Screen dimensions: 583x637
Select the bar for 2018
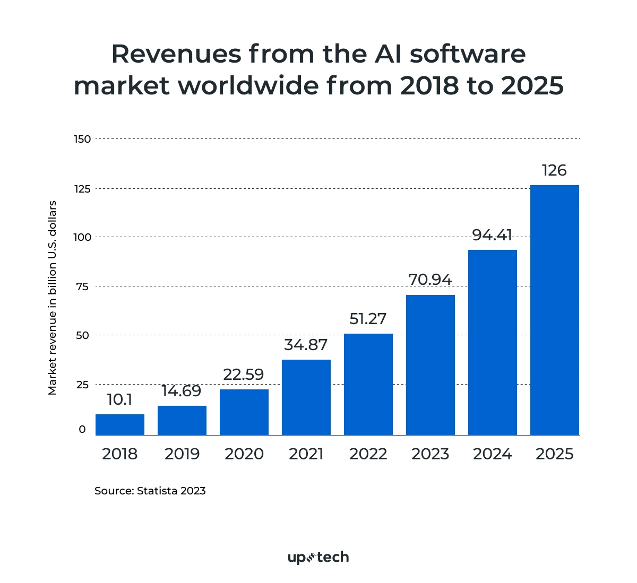[x=120, y=424]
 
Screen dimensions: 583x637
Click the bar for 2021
[x=306, y=397]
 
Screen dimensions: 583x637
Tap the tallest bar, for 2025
[x=555, y=310]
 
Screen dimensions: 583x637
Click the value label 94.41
[x=492, y=235]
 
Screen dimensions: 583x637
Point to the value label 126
[x=554, y=170]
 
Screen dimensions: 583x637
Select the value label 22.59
[x=244, y=375]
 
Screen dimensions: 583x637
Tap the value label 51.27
[x=368, y=319]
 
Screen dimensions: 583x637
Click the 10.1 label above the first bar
[x=119, y=399]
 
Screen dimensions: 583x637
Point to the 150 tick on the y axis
[x=82, y=139]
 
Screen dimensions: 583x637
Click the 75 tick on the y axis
[x=82, y=286]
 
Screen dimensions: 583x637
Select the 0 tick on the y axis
[x=82, y=429]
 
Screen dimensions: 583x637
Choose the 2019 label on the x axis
[x=182, y=454]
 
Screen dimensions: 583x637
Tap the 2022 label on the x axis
[x=368, y=454]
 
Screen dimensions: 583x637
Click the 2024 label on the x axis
[x=493, y=454]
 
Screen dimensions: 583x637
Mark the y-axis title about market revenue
[x=52, y=298]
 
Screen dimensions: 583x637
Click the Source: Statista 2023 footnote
[x=150, y=491]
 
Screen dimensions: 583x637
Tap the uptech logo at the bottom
[x=318, y=557]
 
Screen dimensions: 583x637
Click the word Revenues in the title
[x=175, y=54]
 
